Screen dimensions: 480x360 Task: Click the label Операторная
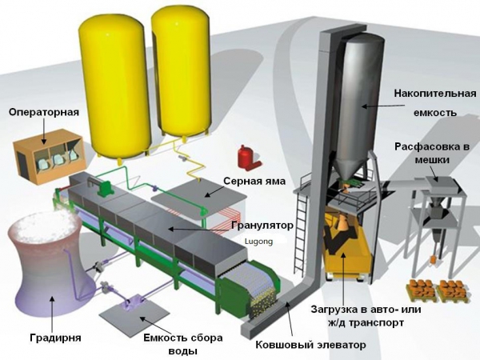[44, 112]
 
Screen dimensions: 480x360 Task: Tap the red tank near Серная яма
[246, 158]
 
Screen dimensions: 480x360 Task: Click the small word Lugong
[258, 242]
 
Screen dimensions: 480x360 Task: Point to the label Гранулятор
[262, 226]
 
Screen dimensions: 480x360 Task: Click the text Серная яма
[254, 181]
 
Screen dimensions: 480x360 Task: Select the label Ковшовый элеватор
[310, 345]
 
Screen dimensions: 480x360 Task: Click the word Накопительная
[435, 93]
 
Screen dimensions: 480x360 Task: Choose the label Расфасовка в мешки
[432, 153]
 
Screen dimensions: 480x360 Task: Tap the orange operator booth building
[47, 157]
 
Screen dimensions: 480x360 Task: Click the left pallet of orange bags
[422, 290]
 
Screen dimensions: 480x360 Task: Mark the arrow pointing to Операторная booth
[44, 131]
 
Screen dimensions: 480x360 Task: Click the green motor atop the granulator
[105, 187]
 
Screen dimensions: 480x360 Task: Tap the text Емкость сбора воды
[183, 344]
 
